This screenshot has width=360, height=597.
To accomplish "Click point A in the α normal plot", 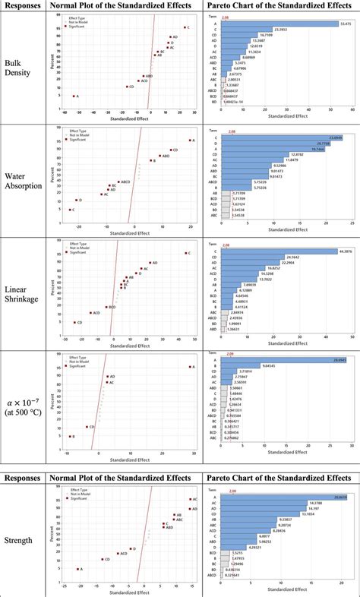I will point(189,367).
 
